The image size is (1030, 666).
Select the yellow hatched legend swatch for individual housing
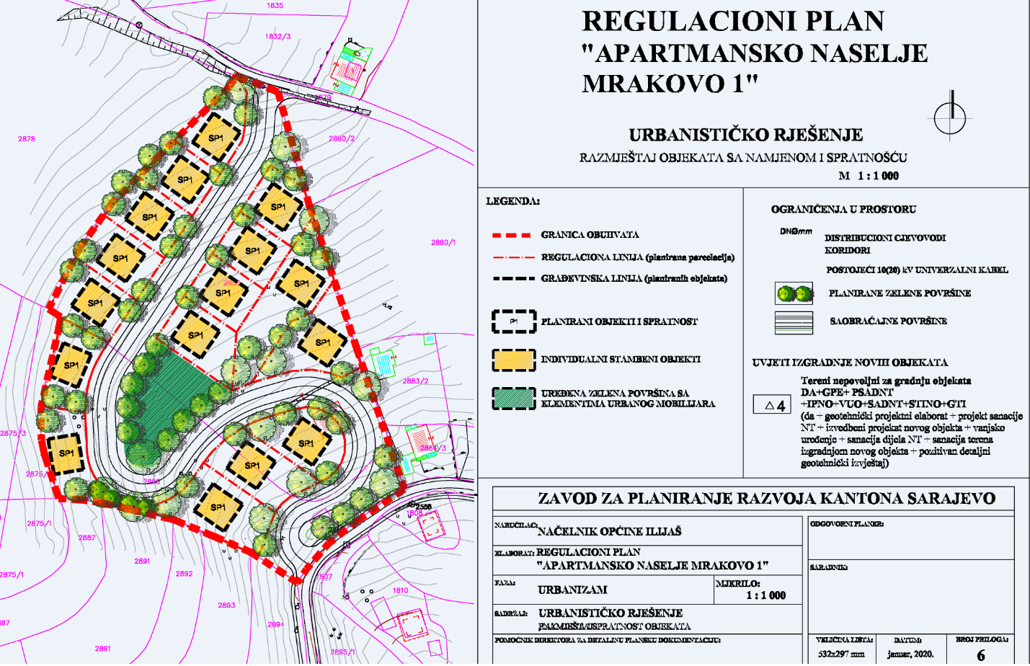click(514, 360)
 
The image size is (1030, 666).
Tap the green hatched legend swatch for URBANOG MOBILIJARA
click(514, 399)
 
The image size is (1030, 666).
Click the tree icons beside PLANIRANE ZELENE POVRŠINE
click(794, 293)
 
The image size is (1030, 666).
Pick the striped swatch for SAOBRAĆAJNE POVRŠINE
click(794, 321)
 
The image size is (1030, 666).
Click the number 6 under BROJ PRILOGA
click(980, 655)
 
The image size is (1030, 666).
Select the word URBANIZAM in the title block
click(572, 590)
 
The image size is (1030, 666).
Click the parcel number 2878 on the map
click(27, 138)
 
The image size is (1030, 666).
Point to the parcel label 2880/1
click(443, 243)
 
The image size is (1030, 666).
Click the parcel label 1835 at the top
click(275, 6)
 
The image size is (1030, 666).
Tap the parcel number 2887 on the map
click(86, 538)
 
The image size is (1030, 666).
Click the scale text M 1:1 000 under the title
click(869, 176)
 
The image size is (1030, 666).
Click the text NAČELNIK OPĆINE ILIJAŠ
click(609, 531)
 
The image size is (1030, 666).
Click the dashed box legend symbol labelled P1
click(514, 321)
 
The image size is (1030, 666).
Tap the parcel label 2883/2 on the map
click(415, 381)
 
